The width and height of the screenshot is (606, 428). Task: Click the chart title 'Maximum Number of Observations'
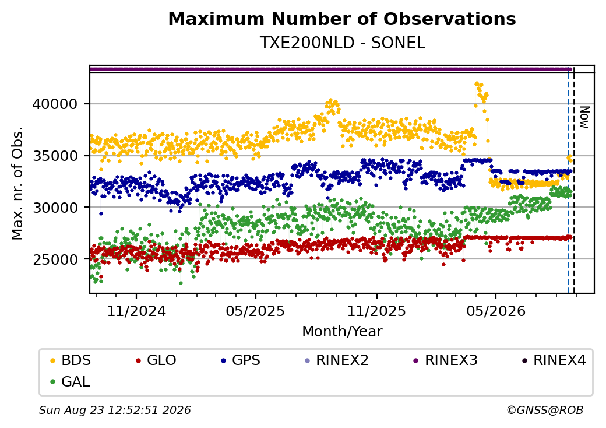(342, 19)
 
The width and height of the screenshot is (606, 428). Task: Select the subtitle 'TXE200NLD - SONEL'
(343, 43)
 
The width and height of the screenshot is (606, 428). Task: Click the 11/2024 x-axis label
(136, 311)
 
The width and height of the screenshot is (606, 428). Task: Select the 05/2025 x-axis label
(255, 311)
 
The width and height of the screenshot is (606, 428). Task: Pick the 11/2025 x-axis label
(377, 311)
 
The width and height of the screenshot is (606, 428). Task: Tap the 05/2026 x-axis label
(496, 311)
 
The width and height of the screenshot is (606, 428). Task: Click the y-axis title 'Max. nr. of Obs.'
(17, 183)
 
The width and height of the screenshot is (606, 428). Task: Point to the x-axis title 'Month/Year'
(342, 331)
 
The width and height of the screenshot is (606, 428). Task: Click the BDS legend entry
(71, 360)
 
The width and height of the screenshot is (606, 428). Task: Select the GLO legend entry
(156, 360)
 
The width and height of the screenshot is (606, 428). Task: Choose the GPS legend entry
(241, 360)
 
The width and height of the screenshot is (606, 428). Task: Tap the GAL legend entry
(71, 381)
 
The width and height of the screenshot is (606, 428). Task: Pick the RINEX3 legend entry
(445, 360)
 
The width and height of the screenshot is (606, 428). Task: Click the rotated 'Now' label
(585, 118)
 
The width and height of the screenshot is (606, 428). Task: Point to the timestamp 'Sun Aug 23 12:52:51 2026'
(115, 410)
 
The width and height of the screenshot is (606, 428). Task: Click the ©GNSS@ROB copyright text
(545, 410)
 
